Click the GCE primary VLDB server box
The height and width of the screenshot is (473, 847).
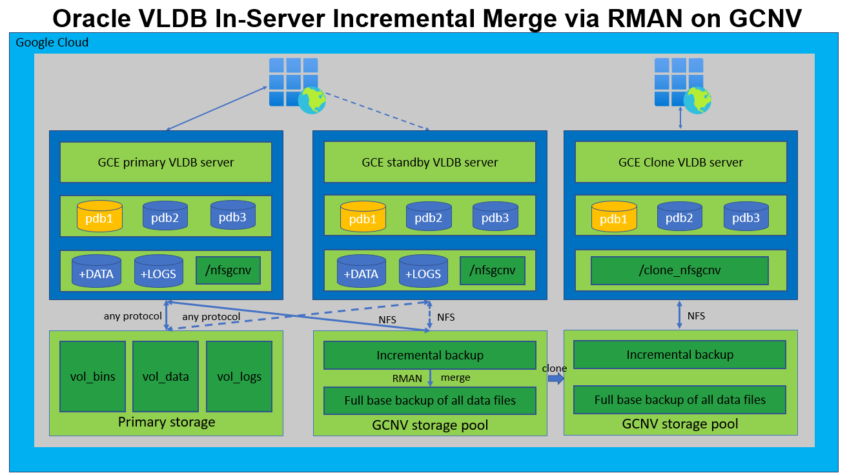166,162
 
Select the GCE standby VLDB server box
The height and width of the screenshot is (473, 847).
429,162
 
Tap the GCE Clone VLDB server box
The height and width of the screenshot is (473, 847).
680,162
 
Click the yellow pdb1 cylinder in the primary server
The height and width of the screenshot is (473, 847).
100,217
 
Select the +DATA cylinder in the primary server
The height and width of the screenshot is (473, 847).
96,272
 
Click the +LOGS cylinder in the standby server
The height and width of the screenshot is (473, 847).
424,272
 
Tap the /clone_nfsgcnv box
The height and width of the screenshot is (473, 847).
679,270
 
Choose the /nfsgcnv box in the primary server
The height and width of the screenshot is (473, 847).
228,270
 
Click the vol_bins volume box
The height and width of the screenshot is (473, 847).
92,376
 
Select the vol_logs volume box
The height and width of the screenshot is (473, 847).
239,376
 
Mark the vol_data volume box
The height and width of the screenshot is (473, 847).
165,376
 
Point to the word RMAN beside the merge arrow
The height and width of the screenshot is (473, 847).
407,378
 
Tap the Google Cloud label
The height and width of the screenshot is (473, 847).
52,43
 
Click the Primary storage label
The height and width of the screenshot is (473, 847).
166,423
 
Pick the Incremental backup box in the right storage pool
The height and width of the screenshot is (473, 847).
680,354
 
